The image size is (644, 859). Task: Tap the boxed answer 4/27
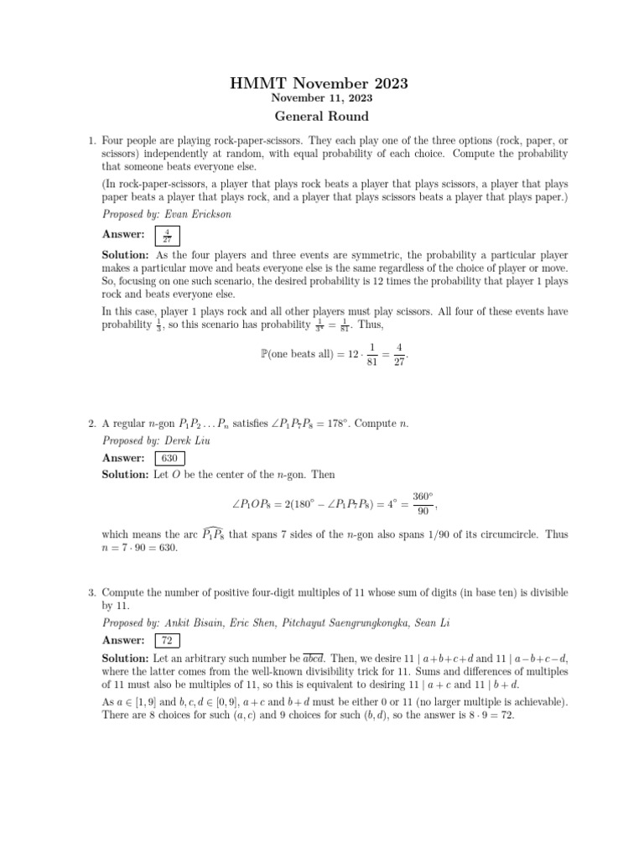coord(167,235)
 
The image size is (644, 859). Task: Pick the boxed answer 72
coord(167,641)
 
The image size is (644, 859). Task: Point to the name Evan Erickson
coord(195,214)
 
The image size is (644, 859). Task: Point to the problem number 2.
coord(91,424)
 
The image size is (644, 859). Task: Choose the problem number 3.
coord(91,593)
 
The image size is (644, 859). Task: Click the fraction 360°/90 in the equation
coord(423,503)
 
